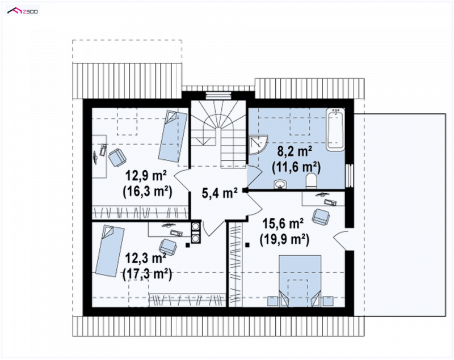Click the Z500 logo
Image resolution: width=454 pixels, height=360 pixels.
tap(23, 11)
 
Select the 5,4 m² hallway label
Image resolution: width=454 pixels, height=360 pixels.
tap(220, 193)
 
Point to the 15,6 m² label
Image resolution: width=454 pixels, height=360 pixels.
tap(283, 224)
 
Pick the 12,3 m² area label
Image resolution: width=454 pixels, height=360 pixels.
tap(145, 258)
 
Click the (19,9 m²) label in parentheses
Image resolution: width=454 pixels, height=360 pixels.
tap(284, 240)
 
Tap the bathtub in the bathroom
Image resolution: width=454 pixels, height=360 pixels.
tap(335, 129)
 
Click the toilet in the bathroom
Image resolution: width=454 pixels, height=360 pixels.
tap(311, 181)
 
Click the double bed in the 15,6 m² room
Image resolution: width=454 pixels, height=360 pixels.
tap(300, 281)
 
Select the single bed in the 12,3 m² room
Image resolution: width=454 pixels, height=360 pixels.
tap(110, 251)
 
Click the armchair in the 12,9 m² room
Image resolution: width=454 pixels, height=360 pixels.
tap(117, 157)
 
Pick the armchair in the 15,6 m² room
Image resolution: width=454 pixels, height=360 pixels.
tap(321, 217)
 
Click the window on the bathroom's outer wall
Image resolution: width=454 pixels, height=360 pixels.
tap(350, 176)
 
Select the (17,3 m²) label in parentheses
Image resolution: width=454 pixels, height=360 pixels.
tap(148, 274)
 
